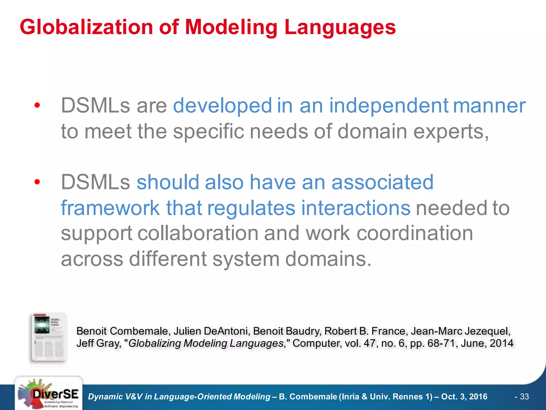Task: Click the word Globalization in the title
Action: point(86,27)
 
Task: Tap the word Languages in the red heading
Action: point(340,27)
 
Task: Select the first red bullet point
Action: point(37,105)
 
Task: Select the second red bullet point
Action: point(37,182)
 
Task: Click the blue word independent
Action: point(389,106)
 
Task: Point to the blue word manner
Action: point(489,106)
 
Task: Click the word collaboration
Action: point(198,233)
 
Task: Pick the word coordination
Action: point(415,233)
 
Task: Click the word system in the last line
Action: point(246,259)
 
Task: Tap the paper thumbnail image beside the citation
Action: point(49,337)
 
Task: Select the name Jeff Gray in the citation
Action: point(98,343)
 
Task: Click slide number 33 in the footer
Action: point(524,397)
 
